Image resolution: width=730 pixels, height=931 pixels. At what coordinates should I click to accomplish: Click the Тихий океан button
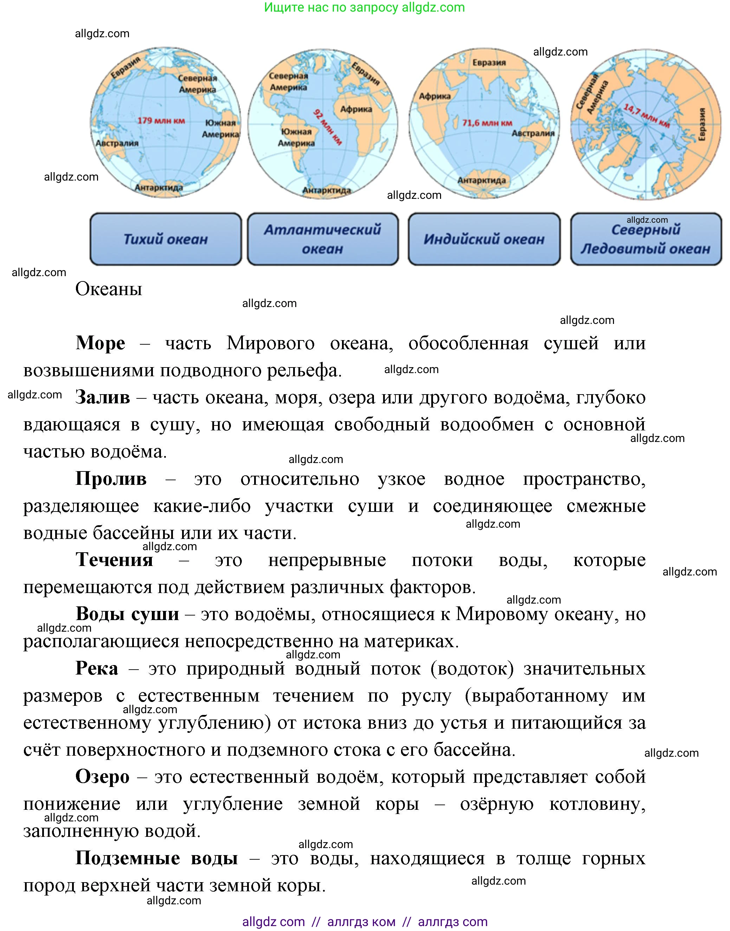166,239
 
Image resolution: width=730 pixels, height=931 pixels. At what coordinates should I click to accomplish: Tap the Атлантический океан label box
323,239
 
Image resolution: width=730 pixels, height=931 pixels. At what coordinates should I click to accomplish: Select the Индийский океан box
484,239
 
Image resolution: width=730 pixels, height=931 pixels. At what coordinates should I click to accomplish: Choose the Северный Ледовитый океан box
646,239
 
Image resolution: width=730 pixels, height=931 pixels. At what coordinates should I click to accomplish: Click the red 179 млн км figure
161,121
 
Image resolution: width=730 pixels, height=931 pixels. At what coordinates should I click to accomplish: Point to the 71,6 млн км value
487,123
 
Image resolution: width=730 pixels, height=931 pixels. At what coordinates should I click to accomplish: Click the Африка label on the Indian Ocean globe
435,96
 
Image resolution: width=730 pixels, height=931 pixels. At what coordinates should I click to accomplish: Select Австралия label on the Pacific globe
117,143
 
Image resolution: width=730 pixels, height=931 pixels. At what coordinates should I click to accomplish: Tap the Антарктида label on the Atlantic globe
327,190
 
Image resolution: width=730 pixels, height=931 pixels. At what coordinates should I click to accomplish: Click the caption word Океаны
109,289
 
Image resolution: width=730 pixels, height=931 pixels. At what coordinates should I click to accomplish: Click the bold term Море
101,343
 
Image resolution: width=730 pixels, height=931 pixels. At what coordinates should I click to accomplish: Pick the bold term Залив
103,397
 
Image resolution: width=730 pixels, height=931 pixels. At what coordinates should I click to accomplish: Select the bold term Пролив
111,478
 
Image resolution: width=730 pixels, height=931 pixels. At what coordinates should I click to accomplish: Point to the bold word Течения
114,560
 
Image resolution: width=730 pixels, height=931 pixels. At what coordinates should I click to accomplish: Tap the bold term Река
97,668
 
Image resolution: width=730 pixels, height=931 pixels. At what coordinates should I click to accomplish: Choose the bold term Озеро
102,777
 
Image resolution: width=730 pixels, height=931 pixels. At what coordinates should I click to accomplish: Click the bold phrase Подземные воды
156,858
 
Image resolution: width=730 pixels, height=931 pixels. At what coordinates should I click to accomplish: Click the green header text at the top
364,7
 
